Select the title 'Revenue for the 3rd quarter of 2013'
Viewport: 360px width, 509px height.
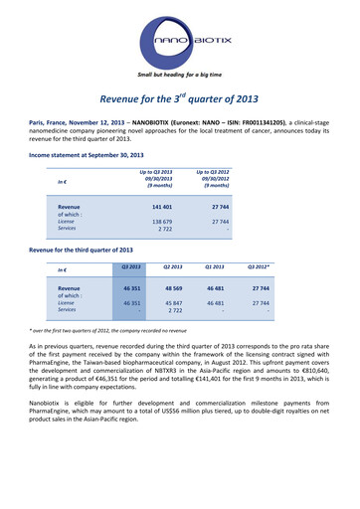(180, 98)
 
